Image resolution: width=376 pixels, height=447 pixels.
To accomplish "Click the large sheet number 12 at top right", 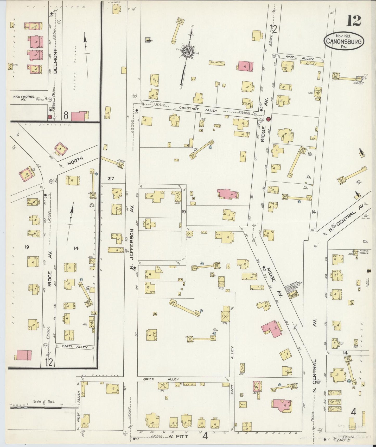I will tap(353, 21).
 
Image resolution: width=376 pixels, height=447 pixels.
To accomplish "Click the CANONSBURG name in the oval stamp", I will tap(344, 41).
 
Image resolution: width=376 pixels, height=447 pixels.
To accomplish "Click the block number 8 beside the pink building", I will tap(66, 116).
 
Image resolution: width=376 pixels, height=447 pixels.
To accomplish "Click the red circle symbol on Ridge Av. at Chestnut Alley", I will tap(269, 119).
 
